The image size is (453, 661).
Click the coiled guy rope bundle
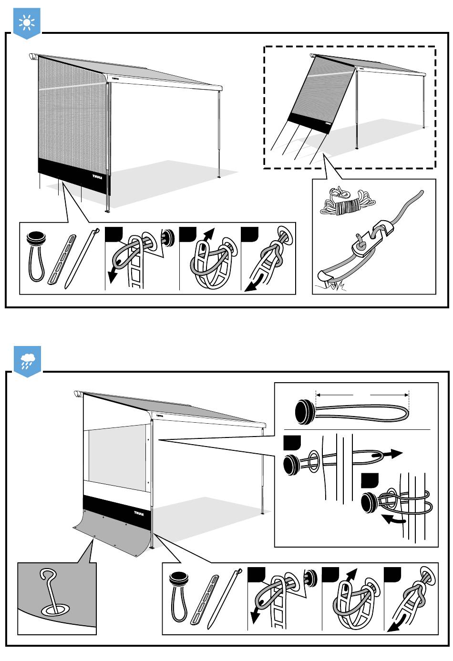point(345,203)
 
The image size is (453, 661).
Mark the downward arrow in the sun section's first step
point(113,274)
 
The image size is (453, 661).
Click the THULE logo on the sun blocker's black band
point(97,176)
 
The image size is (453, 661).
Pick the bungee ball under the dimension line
point(303,411)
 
